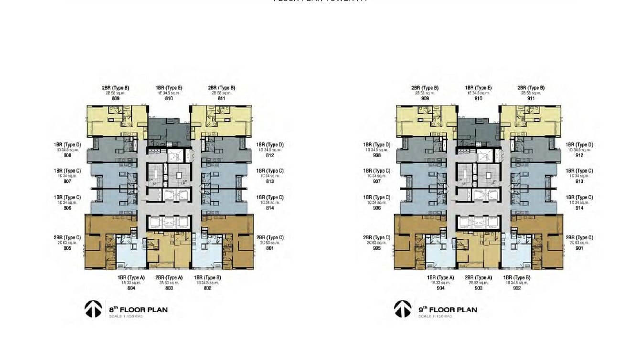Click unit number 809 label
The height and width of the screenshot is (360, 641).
click(x=116, y=98)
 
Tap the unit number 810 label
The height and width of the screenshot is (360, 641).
click(x=169, y=98)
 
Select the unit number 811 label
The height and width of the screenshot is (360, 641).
click(x=221, y=98)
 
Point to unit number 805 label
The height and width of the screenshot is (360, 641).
click(x=67, y=248)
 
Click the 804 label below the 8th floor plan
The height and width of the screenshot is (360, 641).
click(x=131, y=288)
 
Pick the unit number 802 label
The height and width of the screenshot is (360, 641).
click(x=207, y=288)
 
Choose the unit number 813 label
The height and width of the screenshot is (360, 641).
click(x=270, y=181)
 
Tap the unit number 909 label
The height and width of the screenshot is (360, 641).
click(x=425, y=98)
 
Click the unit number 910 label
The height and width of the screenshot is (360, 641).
click(x=478, y=98)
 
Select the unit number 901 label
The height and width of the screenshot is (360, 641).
click(x=579, y=248)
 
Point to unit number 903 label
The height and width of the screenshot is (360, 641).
click(x=479, y=288)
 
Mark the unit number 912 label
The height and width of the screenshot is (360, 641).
click(x=579, y=155)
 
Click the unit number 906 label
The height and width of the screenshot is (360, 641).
click(x=377, y=208)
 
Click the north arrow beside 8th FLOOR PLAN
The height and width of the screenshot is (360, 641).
click(x=93, y=309)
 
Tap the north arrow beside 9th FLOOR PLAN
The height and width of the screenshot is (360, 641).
click(x=403, y=309)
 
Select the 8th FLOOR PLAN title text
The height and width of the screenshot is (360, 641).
click(x=139, y=309)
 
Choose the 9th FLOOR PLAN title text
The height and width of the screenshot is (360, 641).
click(x=448, y=309)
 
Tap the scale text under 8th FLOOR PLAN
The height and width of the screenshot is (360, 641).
click(x=126, y=317)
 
